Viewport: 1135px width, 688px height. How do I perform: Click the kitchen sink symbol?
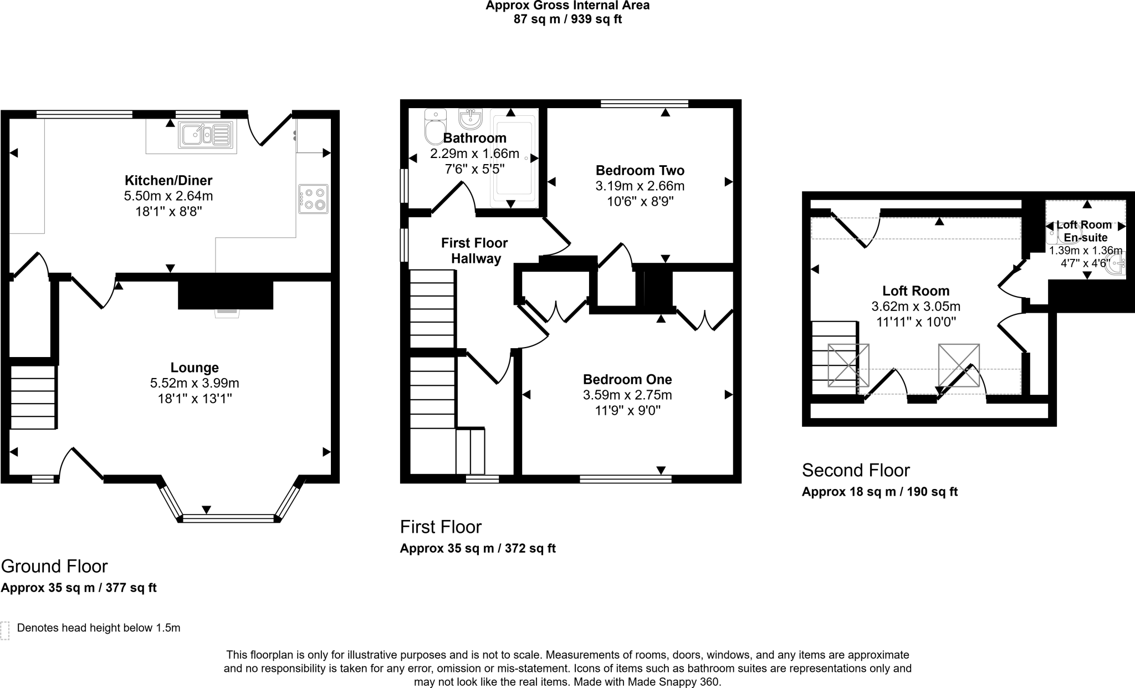click(x=204, y=135)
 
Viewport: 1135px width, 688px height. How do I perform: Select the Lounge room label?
click(x=195, y=368)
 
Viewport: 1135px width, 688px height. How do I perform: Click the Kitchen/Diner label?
click(x=168, y=180)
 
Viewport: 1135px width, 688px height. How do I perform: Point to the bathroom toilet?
click(x=435, y=126)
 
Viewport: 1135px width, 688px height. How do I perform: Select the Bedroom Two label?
click(x=640, y=170)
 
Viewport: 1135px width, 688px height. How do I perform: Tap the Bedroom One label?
click(x=627, y=379)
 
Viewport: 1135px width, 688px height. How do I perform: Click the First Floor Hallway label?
click(x=475, y=251)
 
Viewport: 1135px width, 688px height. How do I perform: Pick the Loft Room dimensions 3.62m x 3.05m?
click(x=916, y=306)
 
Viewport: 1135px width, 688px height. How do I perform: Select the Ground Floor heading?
click(x=54, y=566)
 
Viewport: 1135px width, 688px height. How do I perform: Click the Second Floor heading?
click(x=856, y=470)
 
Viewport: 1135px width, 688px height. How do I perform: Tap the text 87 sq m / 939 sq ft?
click(x=567, y=19)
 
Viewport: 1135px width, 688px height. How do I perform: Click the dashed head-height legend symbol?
click(x=5, y=630)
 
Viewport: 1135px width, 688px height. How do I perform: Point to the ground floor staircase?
click(x=33, y=396)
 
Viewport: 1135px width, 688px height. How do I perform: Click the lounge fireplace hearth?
click(x=227, y=313)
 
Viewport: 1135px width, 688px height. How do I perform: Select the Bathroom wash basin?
click(x=471, y=118)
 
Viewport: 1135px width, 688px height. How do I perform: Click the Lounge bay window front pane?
click(x=228, y=518)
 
